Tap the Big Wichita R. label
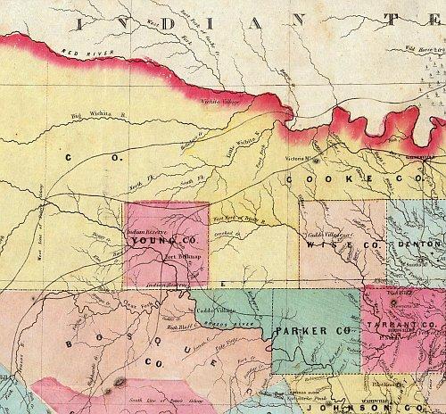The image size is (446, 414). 89,115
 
